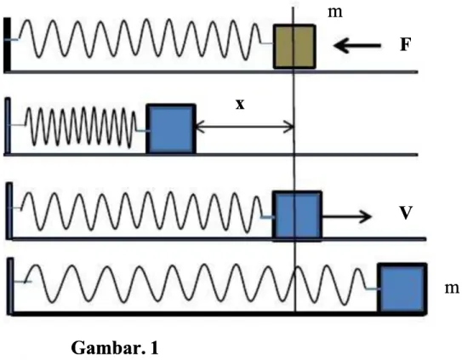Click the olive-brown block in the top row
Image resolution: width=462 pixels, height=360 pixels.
[x=294, y=47]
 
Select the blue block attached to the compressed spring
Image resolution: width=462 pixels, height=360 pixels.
[x=171, y=129]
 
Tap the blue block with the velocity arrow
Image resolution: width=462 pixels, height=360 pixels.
[x=297, y=215]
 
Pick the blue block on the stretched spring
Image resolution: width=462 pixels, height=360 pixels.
[x=402, y=288]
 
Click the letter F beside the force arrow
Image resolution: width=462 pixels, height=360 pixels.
[x=406, y=45]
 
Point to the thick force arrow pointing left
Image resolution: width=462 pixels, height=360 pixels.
[x=357, y=46]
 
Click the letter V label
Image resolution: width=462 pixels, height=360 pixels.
[x=406, y=213]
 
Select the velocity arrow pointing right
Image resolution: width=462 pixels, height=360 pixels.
[x=346, y=216]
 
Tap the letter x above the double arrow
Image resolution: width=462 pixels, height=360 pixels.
[x=240, y=105]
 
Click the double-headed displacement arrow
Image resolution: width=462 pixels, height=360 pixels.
[x=244, y=128]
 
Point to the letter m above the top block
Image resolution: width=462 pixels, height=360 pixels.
[x=335, y=13]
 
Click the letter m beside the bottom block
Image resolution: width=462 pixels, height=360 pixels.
[x=452, y=288]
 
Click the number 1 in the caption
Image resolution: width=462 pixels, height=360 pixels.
[x=154, y=348]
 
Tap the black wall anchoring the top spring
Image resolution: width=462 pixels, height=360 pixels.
[x=7, y=44]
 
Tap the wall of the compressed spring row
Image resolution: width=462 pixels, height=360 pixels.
[x=8, y=126]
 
